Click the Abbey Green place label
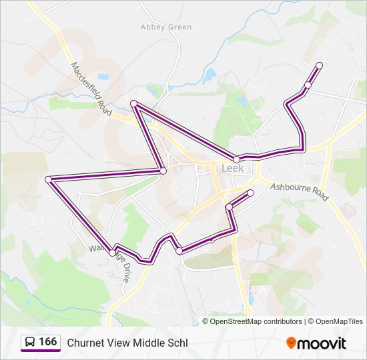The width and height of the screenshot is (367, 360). tap(166, 27)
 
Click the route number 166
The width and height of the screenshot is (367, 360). tap(47, 342)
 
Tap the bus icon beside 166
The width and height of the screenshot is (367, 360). tap(30, 342)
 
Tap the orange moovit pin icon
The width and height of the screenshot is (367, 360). tap(291, 343)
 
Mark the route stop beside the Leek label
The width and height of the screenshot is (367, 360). tap(236, 159)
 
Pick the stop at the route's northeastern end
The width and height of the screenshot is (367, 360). tap(319, 65)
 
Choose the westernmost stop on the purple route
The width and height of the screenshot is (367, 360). tap(48, 179)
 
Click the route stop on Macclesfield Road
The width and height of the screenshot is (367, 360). tap(133, 103)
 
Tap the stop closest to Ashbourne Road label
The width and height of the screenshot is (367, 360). tap(251, 193)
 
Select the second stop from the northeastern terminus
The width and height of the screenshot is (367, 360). tap(308, 85)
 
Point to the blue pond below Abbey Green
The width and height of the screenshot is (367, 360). tap(211, 73)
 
